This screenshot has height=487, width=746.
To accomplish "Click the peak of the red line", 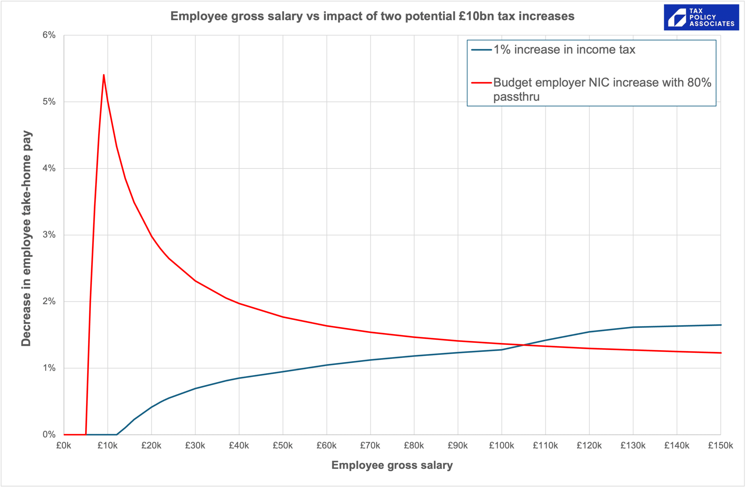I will [103, 75].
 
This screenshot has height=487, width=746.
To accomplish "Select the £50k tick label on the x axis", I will [282, 445].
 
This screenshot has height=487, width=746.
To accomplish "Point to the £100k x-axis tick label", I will [501, 445].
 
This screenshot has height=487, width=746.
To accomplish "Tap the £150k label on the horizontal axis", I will [720, 445].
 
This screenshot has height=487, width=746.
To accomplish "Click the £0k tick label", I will [64, 445].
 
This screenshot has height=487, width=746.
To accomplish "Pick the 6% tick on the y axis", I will [49, 35].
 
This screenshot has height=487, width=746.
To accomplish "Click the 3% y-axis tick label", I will [49, 234].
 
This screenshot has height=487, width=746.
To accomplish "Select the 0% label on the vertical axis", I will [49, 434].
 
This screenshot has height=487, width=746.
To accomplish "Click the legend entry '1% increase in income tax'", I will [564, 50].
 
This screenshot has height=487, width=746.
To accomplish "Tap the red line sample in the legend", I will [481, 83].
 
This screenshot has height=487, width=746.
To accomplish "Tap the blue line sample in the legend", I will [481, 50].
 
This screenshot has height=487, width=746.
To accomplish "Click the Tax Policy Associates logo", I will [701, 17].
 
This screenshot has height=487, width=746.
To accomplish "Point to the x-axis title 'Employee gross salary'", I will [392, 465].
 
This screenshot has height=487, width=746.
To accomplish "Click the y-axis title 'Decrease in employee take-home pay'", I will [26, 238].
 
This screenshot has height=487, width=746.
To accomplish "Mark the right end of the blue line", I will [721, 325].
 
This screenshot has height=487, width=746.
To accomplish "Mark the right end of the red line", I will [721, 353].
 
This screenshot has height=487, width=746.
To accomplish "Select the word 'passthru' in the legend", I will [516, 97].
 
